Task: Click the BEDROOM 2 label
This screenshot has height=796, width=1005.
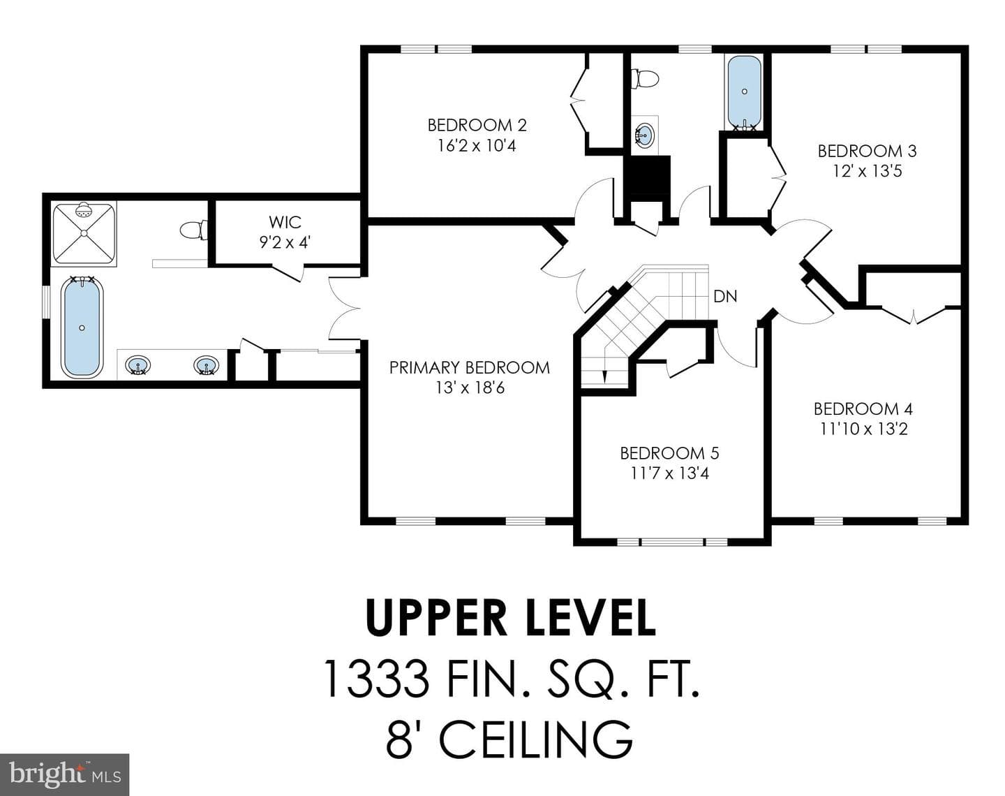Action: coord(477,125)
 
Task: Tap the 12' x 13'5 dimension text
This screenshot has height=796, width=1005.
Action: coord(868,171)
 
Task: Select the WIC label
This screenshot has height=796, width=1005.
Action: coord(285,222)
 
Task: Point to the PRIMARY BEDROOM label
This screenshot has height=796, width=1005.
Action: coord(469,367)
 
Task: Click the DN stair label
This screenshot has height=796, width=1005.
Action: coord(725,296)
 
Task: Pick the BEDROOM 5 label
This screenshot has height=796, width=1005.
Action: coord(669,453)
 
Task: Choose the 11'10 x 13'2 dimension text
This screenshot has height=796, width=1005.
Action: coord(863,429)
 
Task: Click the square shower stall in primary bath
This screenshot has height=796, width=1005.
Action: coord(84,233)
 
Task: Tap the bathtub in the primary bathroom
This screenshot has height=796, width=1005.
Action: coord(82,327)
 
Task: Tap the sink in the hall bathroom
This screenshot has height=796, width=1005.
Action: coord(645,135)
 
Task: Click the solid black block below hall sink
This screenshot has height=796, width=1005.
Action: coord(647,176)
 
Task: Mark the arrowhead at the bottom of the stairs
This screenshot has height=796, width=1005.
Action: coord(605,377)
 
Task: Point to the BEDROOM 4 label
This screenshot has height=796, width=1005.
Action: coord(863,409)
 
